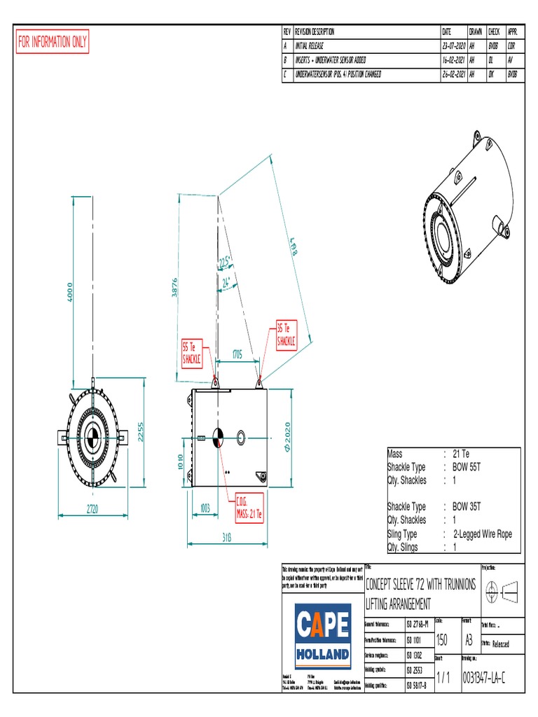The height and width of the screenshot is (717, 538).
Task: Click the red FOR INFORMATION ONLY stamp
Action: tap(53, 43)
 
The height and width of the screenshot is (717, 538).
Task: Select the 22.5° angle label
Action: tap(225, 263)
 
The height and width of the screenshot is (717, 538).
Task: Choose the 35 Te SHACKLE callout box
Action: tap(287, 335)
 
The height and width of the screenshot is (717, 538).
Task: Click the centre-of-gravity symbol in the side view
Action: tap(217, 436)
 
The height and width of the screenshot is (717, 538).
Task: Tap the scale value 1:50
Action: tap(442, 640)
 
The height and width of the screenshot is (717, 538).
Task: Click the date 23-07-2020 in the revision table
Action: tap(453, 45)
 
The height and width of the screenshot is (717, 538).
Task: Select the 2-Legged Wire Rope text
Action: tap(482, 534)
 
